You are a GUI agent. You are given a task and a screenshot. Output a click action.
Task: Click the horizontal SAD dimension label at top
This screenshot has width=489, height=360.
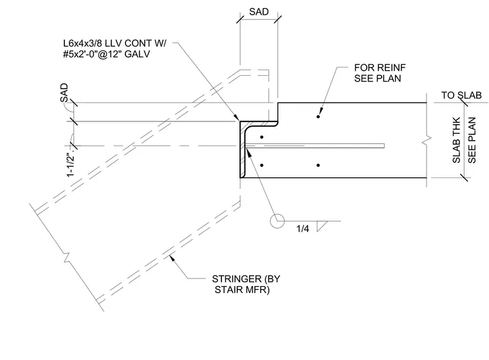[x=259, y=12]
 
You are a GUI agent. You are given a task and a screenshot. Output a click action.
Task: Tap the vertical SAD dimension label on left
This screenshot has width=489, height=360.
[x=64, y=93]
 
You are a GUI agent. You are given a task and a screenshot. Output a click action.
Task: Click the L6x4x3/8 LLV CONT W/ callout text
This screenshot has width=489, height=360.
[x=115, y=43]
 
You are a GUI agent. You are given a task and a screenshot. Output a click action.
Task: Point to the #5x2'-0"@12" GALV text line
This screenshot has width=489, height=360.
[x=106, y=54]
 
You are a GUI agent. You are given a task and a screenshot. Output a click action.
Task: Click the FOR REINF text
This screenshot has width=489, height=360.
[x=380, y=67]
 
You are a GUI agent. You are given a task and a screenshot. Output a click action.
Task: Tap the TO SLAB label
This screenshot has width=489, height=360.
[x=461, y=95]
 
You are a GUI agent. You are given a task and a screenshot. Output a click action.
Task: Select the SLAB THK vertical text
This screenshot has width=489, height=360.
[x=456, y=140]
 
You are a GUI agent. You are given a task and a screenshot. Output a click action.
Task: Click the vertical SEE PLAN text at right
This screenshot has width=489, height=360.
[x=472, y=140]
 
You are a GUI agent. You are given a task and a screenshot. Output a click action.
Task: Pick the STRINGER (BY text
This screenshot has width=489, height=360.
[x=246, y=278]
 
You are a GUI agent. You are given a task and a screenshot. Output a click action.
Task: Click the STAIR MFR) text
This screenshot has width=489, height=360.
[x=242, y=289]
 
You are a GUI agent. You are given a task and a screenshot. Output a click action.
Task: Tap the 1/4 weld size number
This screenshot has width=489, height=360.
[x=302, y=229]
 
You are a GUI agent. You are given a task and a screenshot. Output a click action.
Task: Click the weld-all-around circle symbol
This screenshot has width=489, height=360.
[x=277, y=221]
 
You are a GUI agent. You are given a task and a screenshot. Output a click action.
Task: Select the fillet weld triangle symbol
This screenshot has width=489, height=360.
[x=321, y=226]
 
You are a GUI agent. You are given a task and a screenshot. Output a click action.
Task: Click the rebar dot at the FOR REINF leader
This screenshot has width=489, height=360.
[x=318, y=116]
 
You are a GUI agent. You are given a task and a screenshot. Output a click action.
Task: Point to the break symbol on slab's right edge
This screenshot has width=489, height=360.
[x=427, y=140]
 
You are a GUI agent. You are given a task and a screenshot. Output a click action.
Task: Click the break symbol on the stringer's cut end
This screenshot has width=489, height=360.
[x=66, y=257]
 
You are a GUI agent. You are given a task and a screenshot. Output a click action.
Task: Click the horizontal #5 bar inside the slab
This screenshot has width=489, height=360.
[x=315, y=145]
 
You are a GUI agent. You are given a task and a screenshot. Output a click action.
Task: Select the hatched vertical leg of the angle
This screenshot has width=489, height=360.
[x=243, y=150]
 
